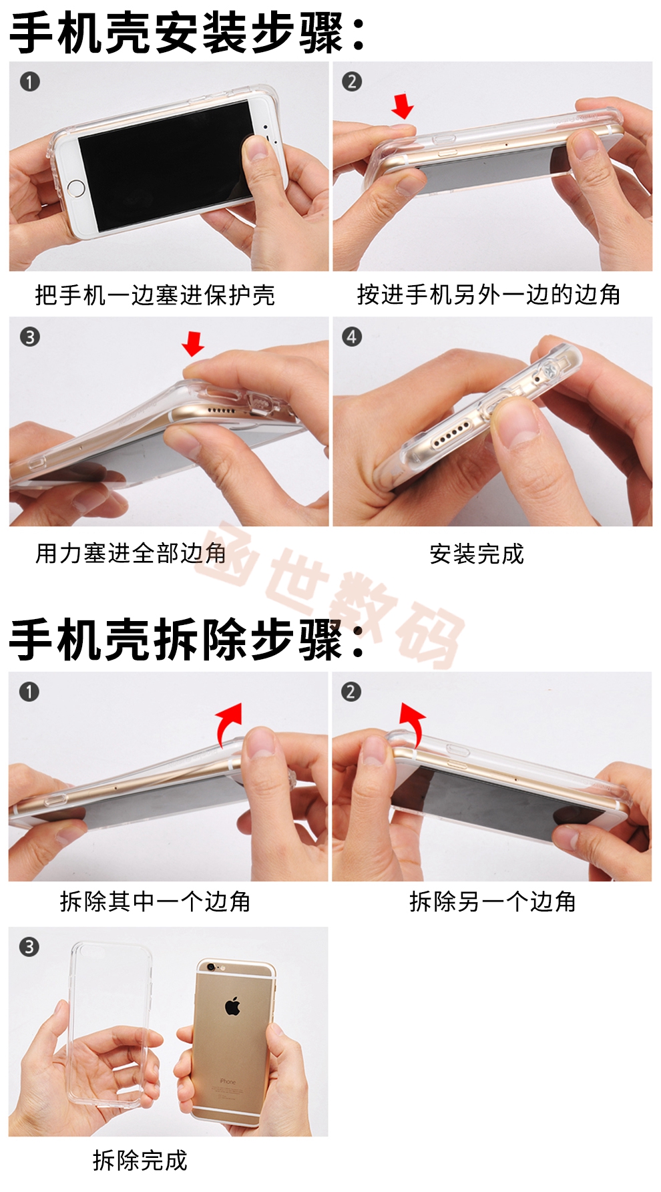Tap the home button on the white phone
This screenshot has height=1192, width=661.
76,188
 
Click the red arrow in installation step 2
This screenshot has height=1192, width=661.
403,106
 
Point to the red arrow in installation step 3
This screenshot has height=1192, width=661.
193,343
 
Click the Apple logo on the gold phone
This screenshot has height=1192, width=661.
232,1006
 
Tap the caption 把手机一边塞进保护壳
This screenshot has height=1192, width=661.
155,294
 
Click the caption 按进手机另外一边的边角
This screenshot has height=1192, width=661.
489,294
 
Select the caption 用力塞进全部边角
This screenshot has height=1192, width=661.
131,554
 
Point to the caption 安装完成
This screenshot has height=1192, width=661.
477,554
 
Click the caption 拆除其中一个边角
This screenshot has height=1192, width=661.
155,902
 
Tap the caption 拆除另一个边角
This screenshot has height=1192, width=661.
493,902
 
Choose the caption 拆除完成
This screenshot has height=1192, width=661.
140,1161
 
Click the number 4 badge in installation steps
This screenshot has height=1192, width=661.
352,337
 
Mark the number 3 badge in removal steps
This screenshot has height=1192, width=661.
29,946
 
